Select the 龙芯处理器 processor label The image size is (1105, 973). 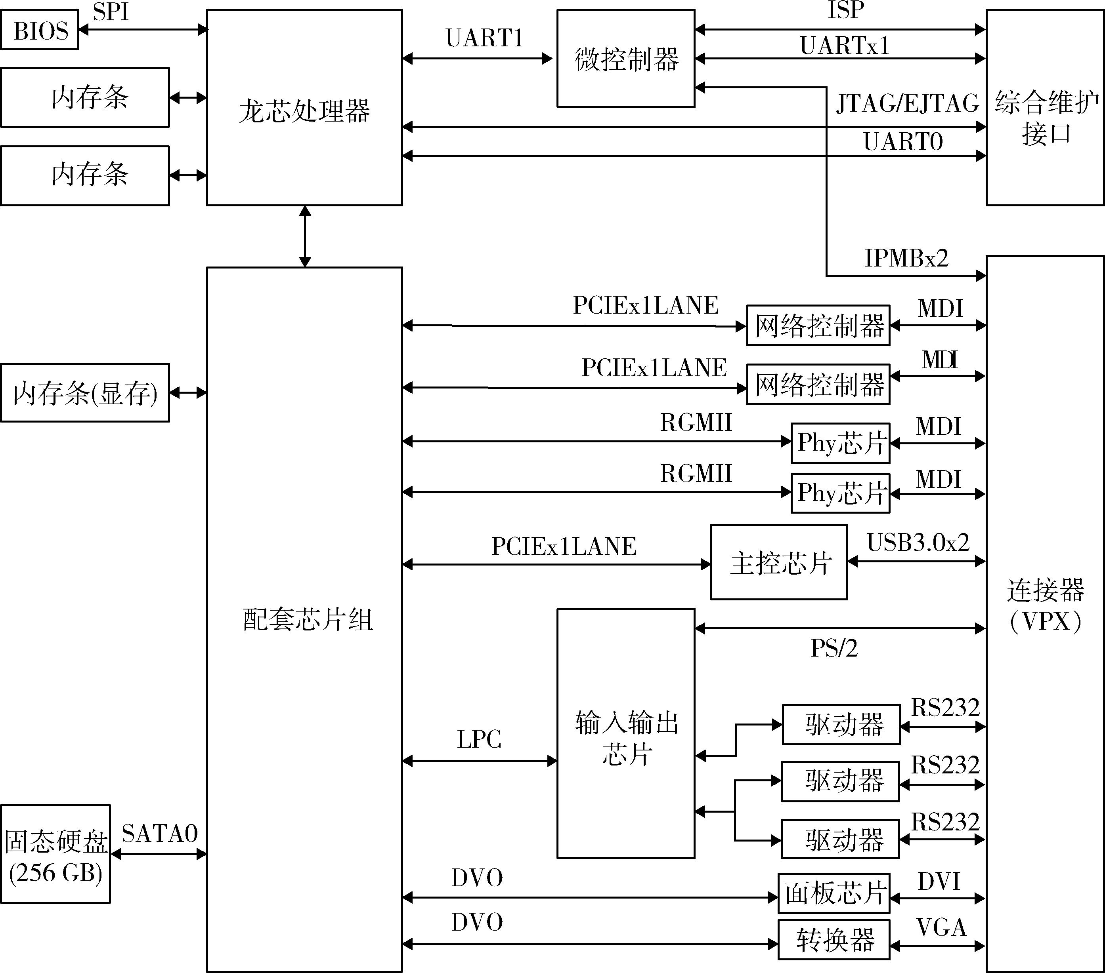pos(304,111)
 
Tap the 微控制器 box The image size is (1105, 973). pos(625,58)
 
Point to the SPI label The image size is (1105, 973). pos(111,12)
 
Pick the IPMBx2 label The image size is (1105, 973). pos(906,258)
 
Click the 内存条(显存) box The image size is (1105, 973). pos(85,393)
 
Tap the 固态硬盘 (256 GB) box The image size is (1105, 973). pos(55,854)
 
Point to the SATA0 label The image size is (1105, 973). pos(159,834)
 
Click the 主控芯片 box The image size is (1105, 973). pos(778,562)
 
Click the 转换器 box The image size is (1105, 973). pos(834,940)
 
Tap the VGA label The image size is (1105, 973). pos(941,927)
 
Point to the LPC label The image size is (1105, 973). pos(479,739)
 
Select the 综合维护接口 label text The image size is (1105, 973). pos(1046,118)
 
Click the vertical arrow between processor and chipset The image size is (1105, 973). pos(305,236)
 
